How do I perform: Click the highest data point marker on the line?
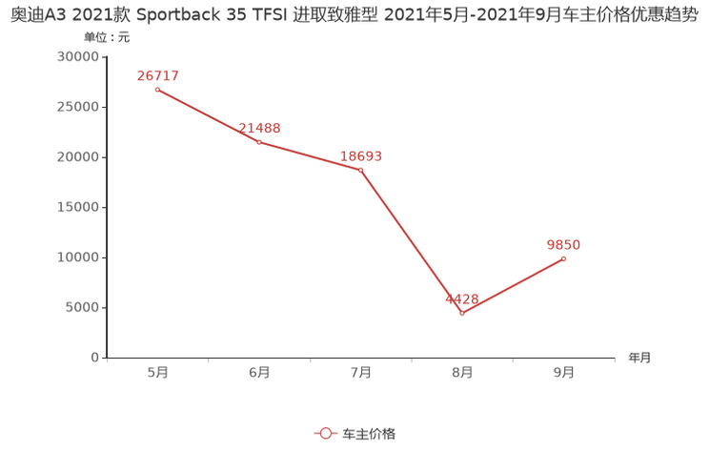157,91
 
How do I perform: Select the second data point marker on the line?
258,142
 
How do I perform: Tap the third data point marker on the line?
360,170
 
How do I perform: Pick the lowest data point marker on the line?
462,313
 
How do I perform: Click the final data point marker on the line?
564,259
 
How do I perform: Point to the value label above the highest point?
157,75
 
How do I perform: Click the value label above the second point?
258,128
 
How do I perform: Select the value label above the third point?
362,155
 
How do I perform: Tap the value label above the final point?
563,245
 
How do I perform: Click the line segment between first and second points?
208,116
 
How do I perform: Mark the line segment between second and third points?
310,156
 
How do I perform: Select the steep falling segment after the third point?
412,241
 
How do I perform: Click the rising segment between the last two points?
514,286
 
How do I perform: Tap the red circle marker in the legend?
326,433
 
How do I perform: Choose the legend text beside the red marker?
369,433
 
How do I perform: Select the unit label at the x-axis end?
639,359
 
